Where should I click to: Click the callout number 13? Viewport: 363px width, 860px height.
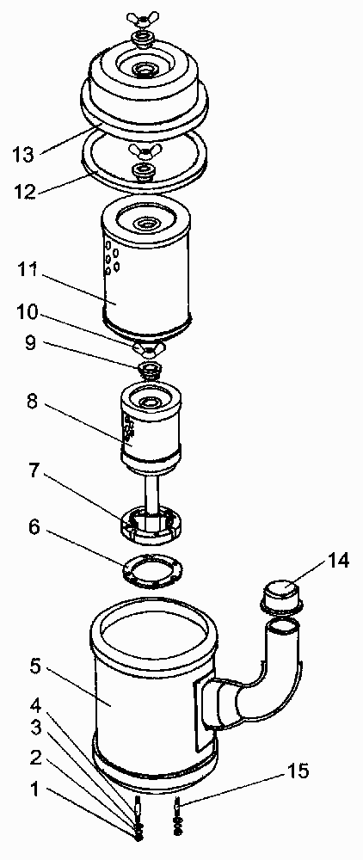tap(25, 154)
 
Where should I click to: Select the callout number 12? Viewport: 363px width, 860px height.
tap(25, 191)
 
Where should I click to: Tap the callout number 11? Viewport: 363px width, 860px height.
tap(25, 270)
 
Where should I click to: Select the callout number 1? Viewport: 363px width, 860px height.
tap(34, 790)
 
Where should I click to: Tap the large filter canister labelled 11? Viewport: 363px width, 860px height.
tap(146, 266)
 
